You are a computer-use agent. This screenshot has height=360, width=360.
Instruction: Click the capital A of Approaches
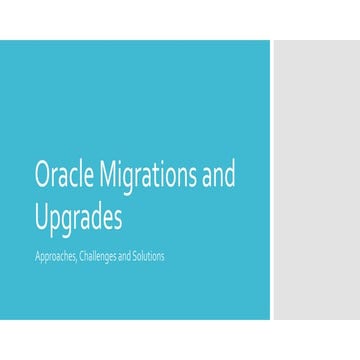coord(37,257)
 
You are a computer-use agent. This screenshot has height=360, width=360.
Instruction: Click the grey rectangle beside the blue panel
coord(316,180)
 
